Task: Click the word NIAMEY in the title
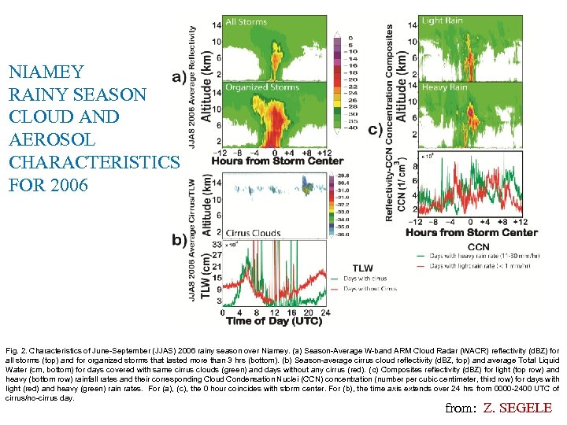pos(46,72)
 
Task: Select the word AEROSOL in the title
pos(52,139)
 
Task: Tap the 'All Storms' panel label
pos(246,22)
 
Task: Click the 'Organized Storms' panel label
pos(261,87)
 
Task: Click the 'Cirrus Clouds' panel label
pos(251,234)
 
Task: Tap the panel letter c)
pos(376,129)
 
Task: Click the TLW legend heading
pos(363,268)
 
